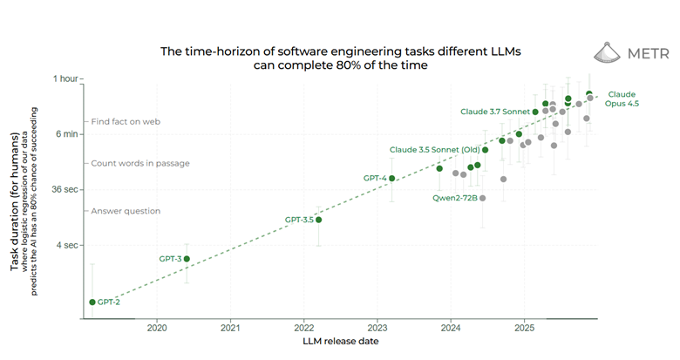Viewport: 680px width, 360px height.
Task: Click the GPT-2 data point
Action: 92,302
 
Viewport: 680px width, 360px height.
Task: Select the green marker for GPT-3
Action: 187,259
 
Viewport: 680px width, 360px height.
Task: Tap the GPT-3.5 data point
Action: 319,220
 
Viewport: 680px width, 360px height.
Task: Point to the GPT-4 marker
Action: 392,179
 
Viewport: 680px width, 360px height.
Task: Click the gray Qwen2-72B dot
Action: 483,198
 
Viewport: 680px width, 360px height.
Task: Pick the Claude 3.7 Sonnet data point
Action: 535,112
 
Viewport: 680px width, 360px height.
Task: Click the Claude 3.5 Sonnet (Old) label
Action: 432,150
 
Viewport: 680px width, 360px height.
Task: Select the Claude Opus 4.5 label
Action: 622,98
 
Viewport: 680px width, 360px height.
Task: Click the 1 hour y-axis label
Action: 65,78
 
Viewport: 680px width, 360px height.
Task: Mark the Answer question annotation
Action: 126,211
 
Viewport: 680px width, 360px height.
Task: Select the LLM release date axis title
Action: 341,342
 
